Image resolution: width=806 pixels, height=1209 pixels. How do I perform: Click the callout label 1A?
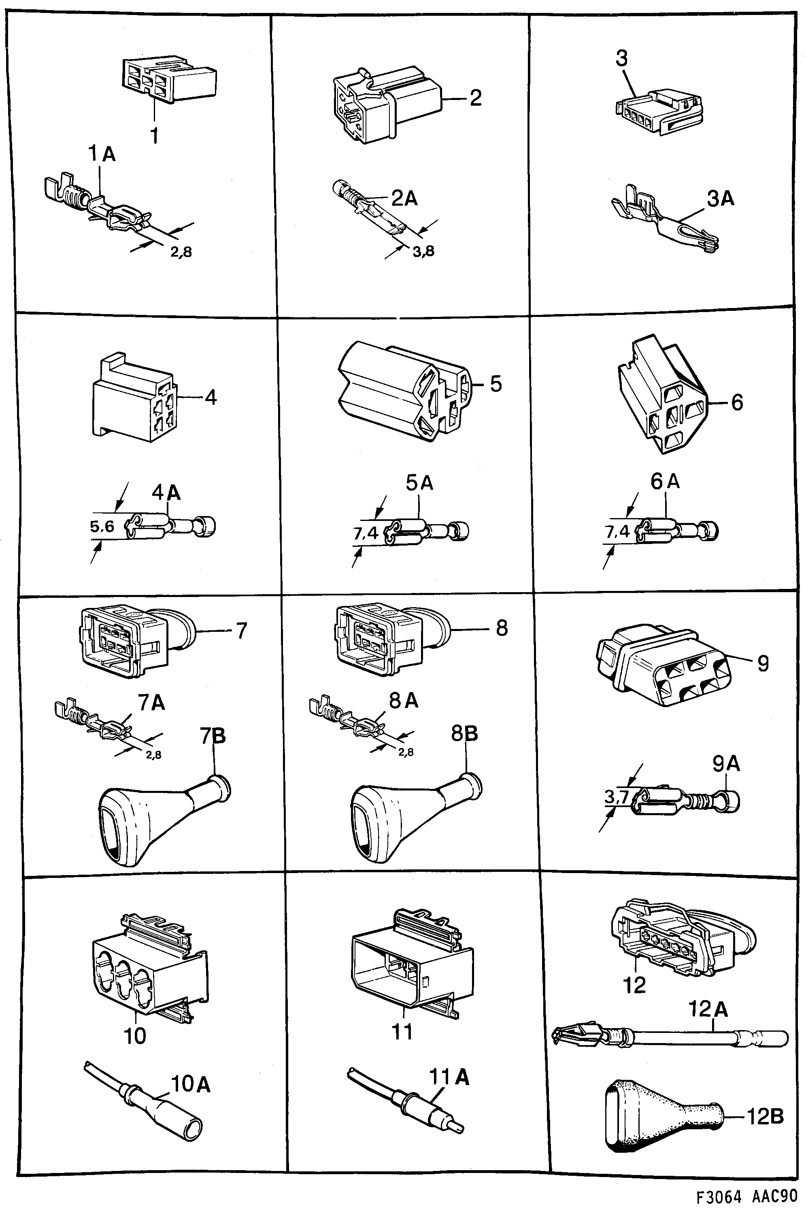[x=102, y=154]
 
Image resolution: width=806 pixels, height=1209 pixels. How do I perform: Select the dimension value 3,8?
[x=423, y=251]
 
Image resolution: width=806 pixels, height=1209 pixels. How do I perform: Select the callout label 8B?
[x=464, y=734]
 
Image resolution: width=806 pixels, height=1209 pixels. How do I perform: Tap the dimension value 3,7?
[x=616, y=797]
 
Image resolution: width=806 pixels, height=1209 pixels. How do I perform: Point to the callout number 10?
[x=135, y=1036]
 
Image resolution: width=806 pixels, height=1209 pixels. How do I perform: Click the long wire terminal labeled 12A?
[x=668, y=1035]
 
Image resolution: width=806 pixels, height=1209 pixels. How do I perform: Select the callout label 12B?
[x=765, y=1117]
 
